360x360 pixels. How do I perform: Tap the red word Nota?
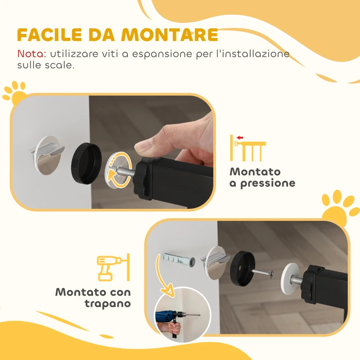[31, 54]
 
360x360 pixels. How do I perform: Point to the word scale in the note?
[59, 65]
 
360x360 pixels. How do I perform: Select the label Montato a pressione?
[262, 178]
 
